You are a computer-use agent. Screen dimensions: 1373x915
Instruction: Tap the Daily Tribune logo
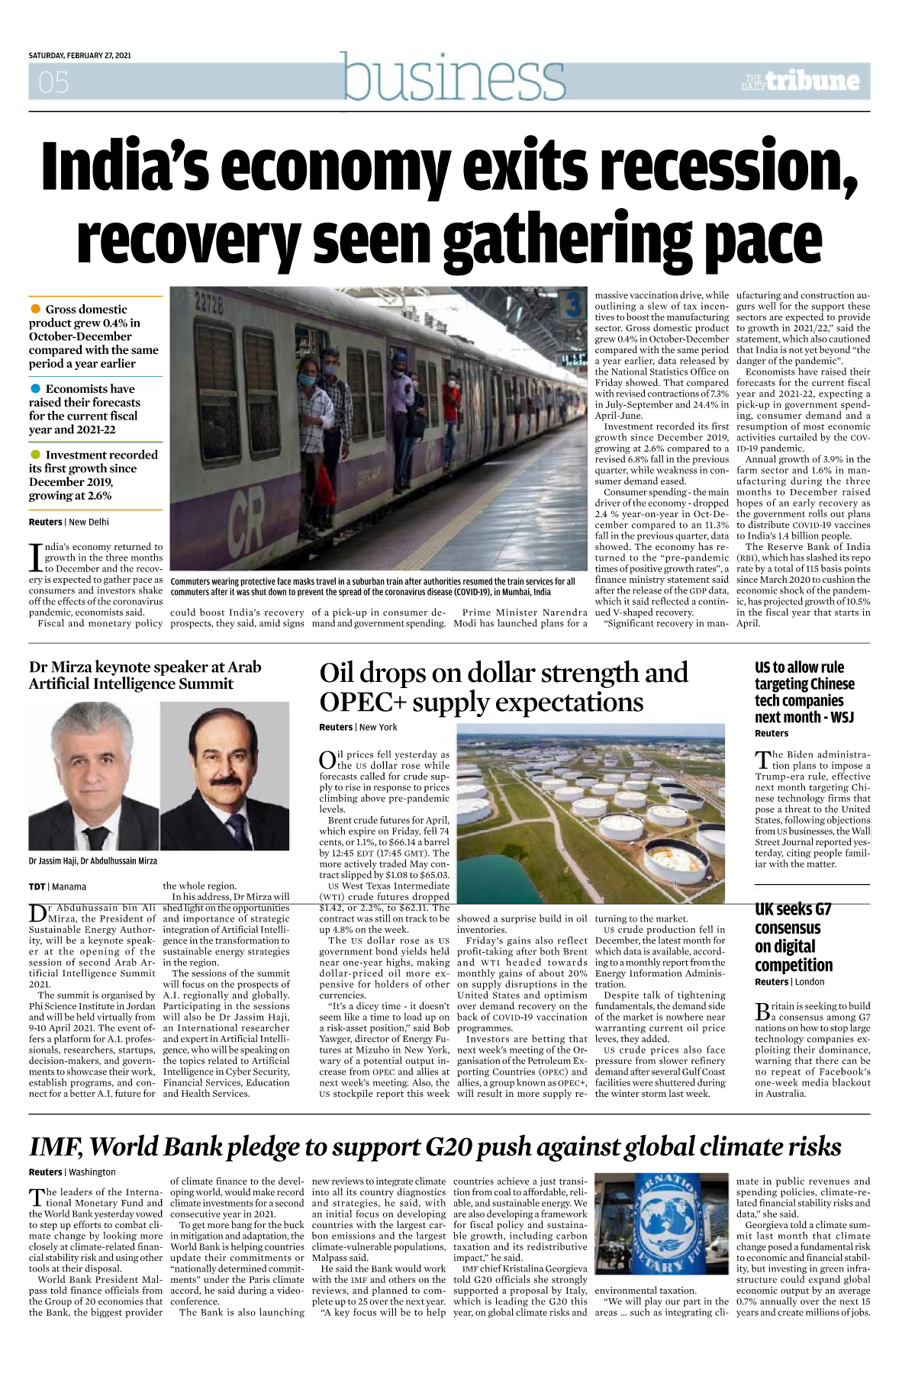(x=801, y=81)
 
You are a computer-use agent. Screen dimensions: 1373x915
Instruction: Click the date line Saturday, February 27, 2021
(x=79, y=56)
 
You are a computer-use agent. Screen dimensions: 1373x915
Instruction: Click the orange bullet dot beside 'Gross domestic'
(x=35, y=309)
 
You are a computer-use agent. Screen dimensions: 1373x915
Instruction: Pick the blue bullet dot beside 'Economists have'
(x=35, y=388)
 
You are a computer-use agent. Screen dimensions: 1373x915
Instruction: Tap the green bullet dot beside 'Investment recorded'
(x=35, y=455)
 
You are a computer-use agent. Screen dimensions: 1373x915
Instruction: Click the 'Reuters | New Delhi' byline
(x=69, y=523)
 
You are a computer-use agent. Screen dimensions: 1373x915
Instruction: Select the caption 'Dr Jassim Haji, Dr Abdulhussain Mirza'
(x=92, y=861)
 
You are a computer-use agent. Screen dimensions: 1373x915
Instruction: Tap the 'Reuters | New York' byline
(x=358, y=728)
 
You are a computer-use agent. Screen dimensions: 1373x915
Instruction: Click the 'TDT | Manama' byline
(x=57, y=887)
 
